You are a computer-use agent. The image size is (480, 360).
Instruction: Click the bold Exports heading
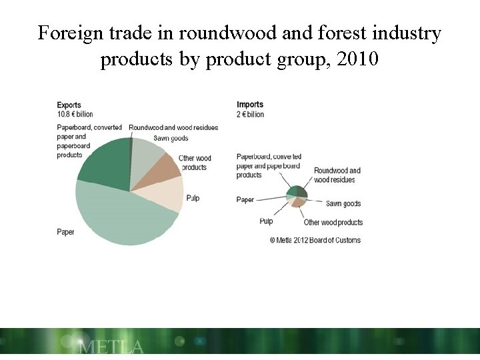[69, 105]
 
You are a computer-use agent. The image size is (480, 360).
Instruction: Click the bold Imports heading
[250, 105]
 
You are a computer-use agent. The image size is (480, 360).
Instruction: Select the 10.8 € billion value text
[75, 114]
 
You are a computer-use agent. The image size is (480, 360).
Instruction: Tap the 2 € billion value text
[251, 114]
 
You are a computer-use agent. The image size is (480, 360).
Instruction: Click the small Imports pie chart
[297, 196]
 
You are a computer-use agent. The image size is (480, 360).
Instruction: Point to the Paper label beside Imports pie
[245, 200]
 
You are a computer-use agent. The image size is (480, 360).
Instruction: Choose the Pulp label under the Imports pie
[265, 221]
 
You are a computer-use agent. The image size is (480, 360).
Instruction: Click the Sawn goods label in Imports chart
[343, 203]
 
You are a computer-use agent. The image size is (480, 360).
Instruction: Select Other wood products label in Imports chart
[333, 222]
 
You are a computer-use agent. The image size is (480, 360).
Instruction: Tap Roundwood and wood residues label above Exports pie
[173, 127]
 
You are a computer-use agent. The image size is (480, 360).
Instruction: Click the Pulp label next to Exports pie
[192, 198]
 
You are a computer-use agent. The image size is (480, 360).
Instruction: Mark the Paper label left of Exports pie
[65, 232]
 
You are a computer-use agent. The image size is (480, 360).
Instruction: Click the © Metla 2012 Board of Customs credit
[315, 240]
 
